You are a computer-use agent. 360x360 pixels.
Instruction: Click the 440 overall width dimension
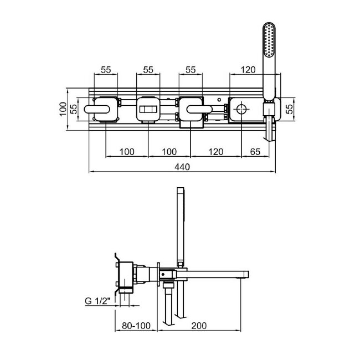coord(182,167)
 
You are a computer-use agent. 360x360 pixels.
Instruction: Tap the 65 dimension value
coord(255,152)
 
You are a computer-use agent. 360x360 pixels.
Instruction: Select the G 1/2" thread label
coord(97,301)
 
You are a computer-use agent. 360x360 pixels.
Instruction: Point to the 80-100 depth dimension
coord(136,326)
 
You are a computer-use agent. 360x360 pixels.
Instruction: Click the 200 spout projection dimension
coord(199,326)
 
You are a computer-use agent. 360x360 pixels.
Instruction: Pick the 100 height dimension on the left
coord(63,109)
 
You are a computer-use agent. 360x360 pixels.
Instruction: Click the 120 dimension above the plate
coord(248,70)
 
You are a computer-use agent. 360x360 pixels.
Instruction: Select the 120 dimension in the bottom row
coord(216,152)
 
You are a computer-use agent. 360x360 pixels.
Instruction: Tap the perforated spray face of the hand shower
coord(269,40)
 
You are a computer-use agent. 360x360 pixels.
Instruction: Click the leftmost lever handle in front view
coord(97,109)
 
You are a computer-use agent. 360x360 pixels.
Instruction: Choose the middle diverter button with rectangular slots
coord(148,109)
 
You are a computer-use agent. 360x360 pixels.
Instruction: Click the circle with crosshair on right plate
coord(241,109)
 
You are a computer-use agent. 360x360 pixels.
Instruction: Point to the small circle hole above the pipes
coord(219,100)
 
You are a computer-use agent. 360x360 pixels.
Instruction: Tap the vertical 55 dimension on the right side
coord(290,109)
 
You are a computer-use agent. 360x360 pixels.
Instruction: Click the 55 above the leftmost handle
coord(106,70)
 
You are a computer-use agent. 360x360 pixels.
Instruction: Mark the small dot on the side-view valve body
coord(163,274)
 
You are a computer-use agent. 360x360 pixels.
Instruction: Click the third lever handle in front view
coord(199,109)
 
